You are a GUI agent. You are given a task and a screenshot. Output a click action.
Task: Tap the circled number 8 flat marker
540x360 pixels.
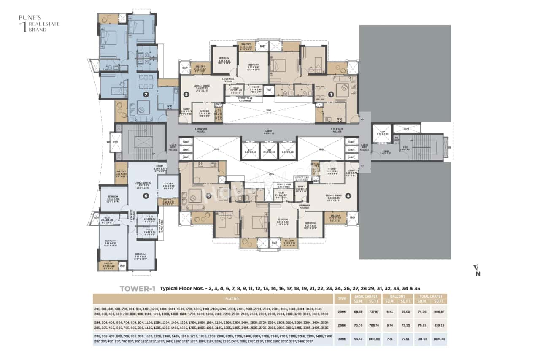point(186,95)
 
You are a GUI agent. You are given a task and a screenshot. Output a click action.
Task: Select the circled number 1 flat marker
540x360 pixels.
point(331,95)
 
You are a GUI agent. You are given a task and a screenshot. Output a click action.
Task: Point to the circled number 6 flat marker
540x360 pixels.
point(146,195)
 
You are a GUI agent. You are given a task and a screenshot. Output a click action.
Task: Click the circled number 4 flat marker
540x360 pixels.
point(348,195)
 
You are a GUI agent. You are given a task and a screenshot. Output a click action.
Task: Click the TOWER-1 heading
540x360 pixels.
point(138,289)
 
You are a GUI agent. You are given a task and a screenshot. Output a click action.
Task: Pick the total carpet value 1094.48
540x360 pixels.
point(439,339)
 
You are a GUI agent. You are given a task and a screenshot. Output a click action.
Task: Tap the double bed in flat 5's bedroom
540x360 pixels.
point(254,221)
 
